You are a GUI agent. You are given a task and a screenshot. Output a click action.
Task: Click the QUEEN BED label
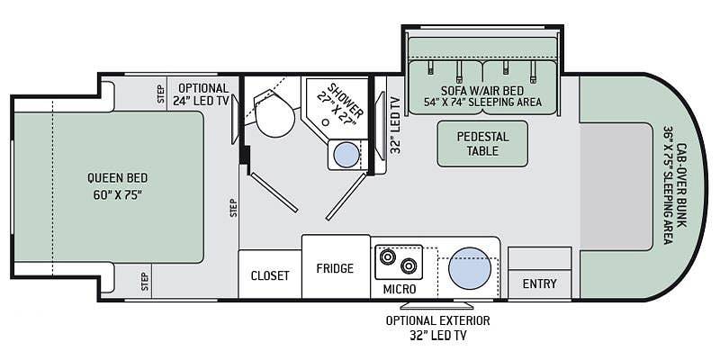pos(117,178)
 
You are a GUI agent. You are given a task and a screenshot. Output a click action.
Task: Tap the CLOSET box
pos(270,275)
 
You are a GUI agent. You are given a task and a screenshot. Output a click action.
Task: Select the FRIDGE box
pos(335,268)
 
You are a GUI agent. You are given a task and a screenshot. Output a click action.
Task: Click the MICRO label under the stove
pos(399,290)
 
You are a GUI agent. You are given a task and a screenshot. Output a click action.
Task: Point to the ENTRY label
pos(540,284)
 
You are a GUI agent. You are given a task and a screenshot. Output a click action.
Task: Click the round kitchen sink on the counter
pos(468,267)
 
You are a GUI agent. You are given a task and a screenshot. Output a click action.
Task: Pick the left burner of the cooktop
pos(389,257)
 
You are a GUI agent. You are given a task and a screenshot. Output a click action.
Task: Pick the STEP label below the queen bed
pos(144,281)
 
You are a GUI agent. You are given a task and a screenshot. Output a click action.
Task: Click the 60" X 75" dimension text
pos(117,194)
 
